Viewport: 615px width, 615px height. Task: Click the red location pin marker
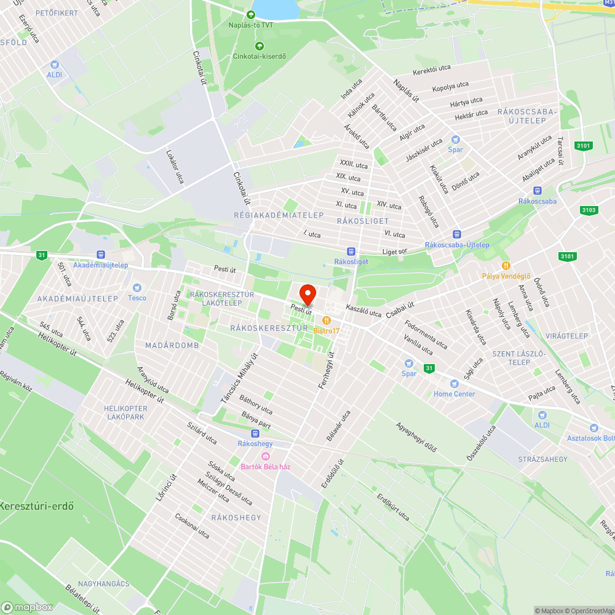click(x=307, y=294)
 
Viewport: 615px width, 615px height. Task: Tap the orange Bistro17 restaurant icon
click(x=326, y=320)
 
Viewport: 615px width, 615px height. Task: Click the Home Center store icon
click(x=454, y=383)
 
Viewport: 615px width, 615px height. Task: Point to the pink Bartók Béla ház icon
click(x=266, y=456)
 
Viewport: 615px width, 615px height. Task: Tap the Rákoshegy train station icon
click(x=255, y=433)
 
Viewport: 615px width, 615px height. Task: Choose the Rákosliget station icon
click(x=351, y=251)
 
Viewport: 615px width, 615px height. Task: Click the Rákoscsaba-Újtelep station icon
click(x=457, y=234)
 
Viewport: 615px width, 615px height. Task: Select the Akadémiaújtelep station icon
click(x=100, y=255)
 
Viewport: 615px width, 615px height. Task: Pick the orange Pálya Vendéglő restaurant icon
click(x=506, y=265)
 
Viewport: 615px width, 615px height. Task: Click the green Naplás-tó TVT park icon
click(x=250, y=14)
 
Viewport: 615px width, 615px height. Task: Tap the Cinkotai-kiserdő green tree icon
click(x=259, y=46)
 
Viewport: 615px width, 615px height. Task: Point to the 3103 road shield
click(x=589, y=210)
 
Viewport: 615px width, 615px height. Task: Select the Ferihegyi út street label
click(x=326, y=370)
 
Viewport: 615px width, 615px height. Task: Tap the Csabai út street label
click(x=400, y=309)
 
